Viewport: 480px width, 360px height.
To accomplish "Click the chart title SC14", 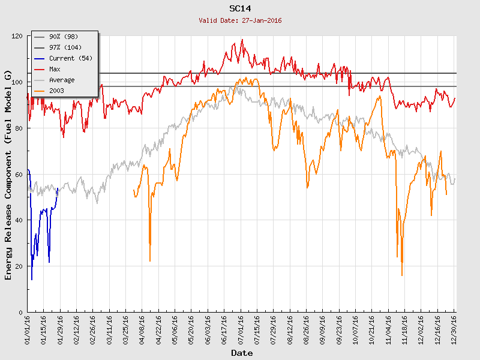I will click(x=240, y=8).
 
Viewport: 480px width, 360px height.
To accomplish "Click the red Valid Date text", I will click(x=240, y=20).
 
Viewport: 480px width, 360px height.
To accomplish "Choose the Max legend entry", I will click(x=55, y=69).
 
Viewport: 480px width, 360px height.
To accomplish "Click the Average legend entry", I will click(x=62, y=80).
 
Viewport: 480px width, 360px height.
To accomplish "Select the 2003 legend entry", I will click(x=56, y=91).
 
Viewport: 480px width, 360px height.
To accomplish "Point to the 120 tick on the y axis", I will click(x=17, y=36).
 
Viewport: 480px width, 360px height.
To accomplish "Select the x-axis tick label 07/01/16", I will click(x=241, y=329).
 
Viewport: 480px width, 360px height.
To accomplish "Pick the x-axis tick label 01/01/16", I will click(x=28, y=329).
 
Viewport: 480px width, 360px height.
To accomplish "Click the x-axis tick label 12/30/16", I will click(x=454, y=329).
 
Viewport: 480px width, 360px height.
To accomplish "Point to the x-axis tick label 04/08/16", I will click(x=142, y=329).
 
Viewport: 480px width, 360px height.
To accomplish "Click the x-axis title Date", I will click(x=242, y=353).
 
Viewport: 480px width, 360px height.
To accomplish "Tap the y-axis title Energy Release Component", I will click(x=8, y=174).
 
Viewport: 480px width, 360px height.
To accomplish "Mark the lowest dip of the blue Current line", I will click(x=32, y=279).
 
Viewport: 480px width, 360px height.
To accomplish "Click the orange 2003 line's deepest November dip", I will click(x=402, y=275).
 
